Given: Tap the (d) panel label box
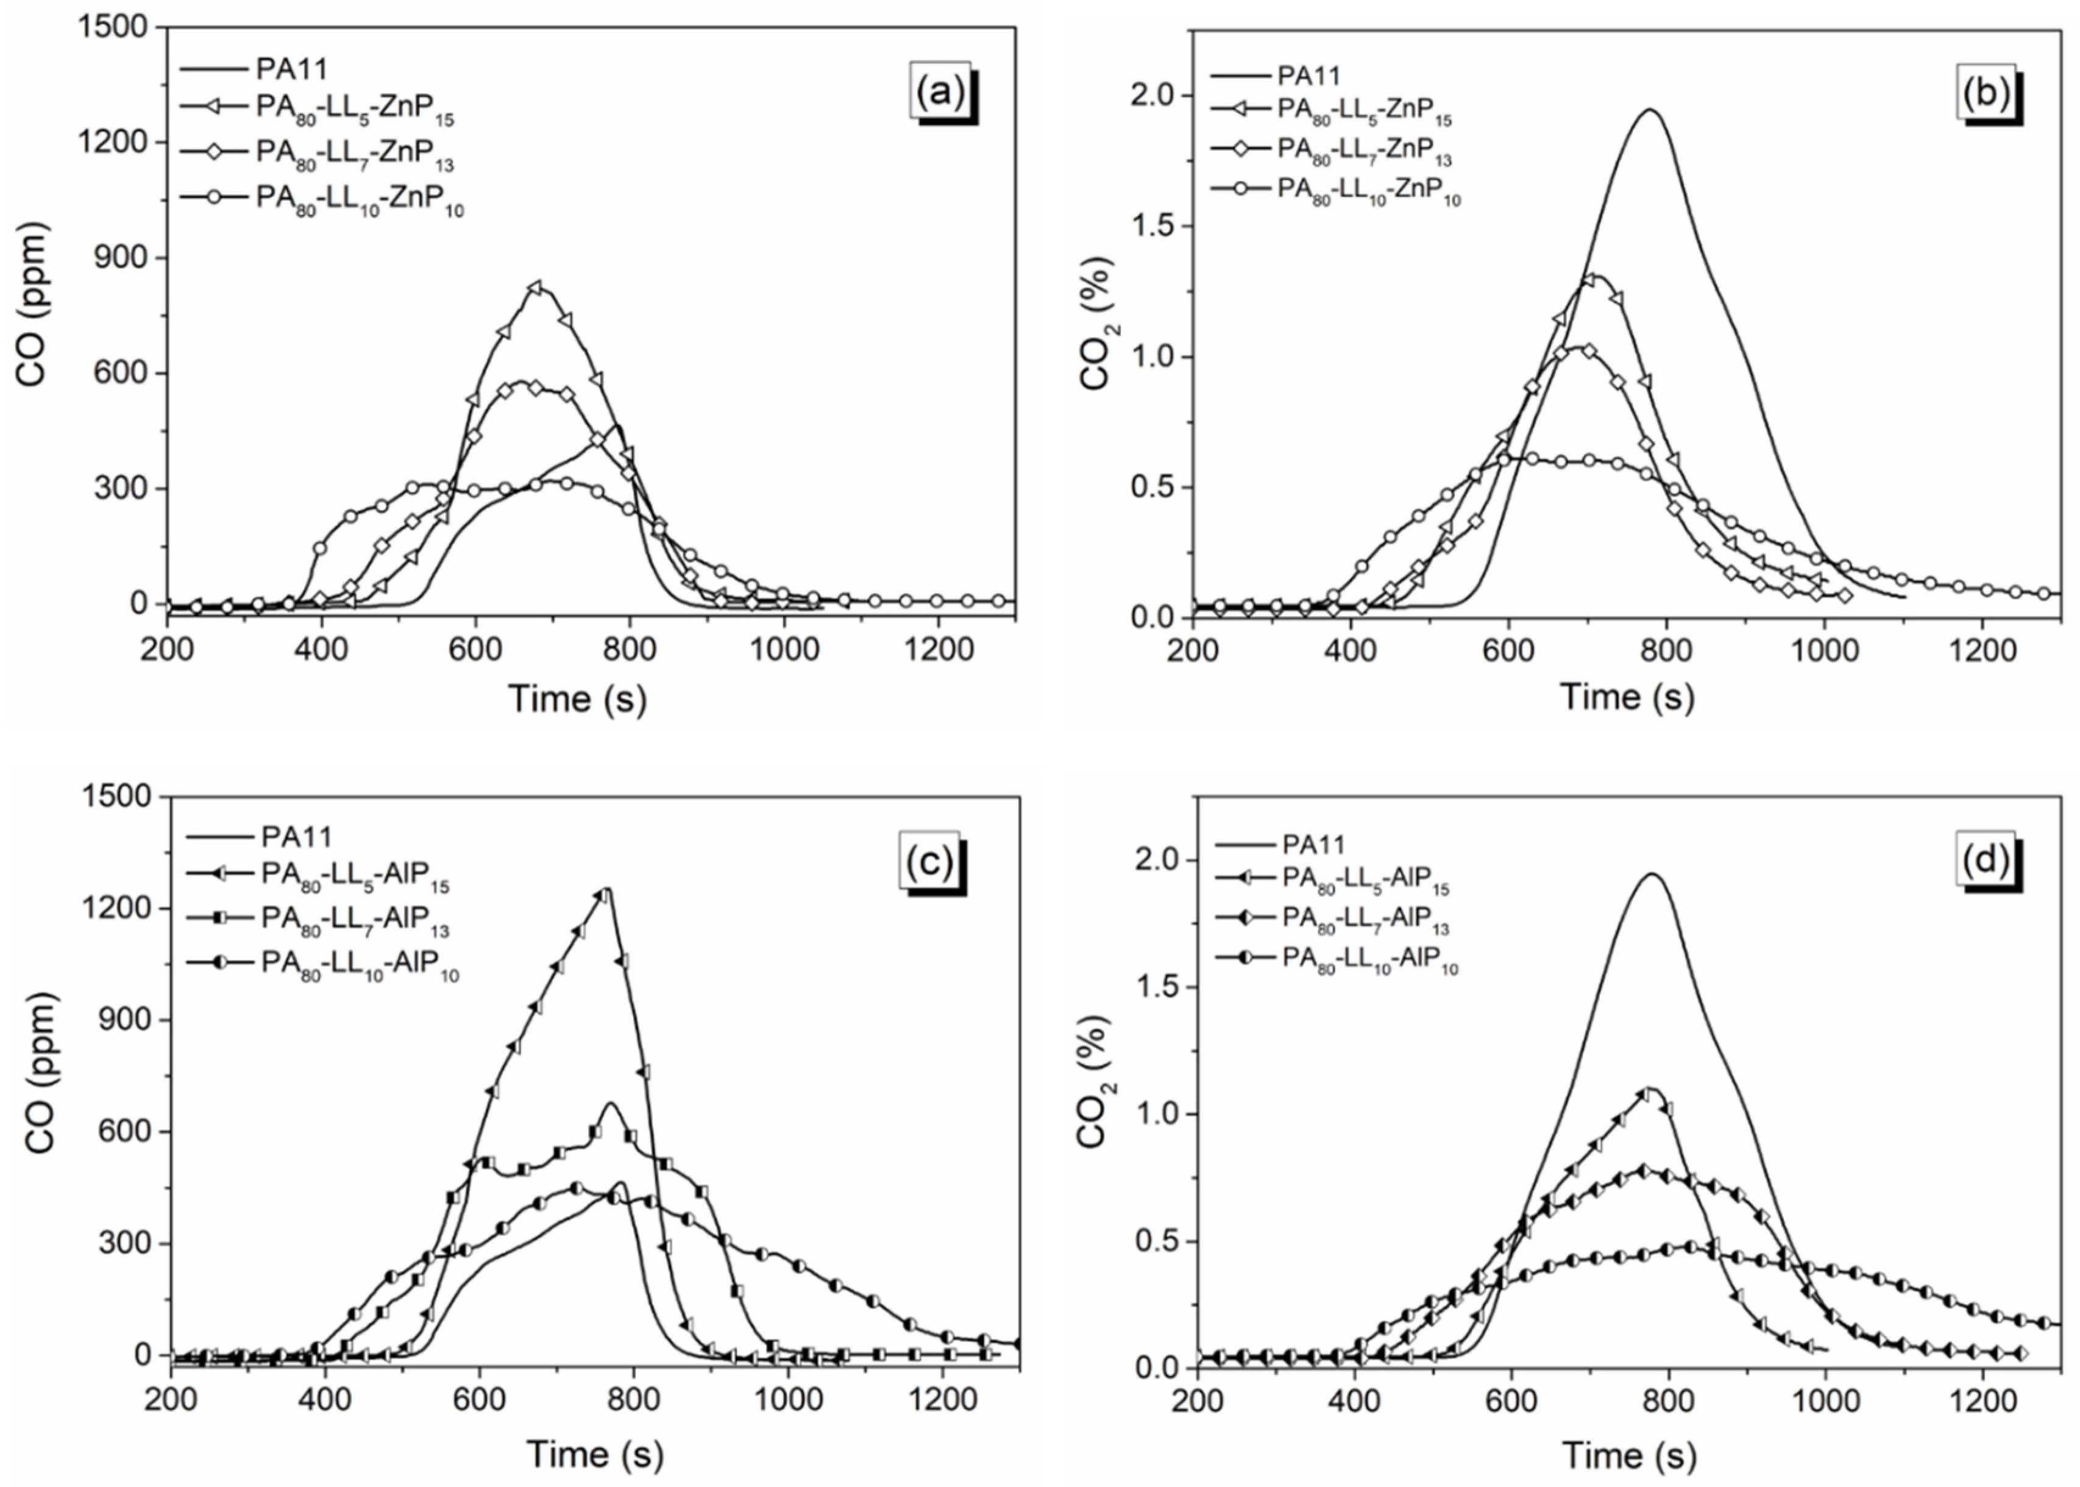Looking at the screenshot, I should click(x=1984, y=859).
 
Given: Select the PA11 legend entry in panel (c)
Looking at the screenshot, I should click(x=296, y=837).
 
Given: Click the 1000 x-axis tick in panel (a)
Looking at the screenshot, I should click(x=783, y=649).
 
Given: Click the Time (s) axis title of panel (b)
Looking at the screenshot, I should click(x=1627, y=697).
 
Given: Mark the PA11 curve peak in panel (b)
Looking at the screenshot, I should click(x=1650, y=110).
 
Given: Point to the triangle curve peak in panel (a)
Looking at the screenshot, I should click(x=536, y=286).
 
